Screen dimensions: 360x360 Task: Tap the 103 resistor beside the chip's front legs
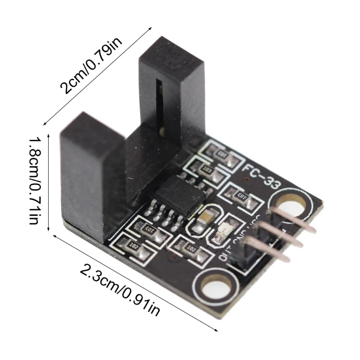pos(148,230)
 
